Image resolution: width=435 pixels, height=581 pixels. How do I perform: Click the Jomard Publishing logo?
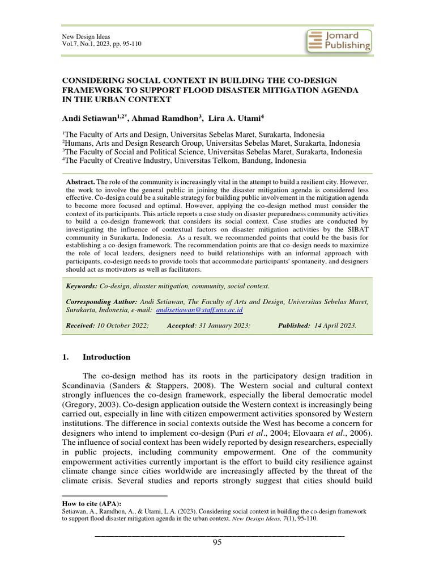(x=339, y=41)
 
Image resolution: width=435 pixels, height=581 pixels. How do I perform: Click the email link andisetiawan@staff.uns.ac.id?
(x=201, y=311)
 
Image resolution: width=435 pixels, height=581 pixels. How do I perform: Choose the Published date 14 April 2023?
(x=335, y=326)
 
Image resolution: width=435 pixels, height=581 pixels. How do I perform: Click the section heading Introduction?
(x=106, y=357)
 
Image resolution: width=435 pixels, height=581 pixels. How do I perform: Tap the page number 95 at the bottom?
(x=217, y=542)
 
